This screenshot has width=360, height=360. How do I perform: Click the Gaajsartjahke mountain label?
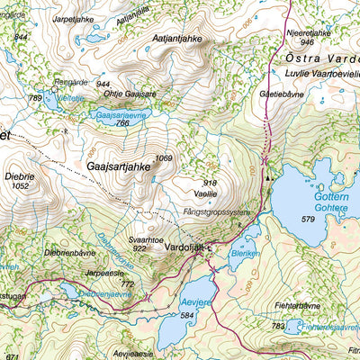pos(117,166)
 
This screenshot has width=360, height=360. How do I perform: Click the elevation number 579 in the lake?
pos(308,219)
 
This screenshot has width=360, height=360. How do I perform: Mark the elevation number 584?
pos(187,316)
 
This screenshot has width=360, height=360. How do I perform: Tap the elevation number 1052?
pos(22,186)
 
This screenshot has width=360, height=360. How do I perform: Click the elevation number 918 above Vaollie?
pos(211,184)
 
